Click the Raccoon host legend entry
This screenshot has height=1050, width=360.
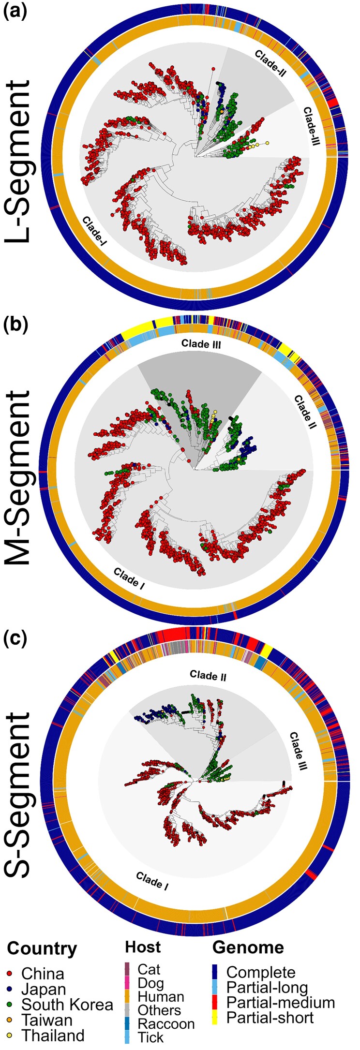point(166,1023)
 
